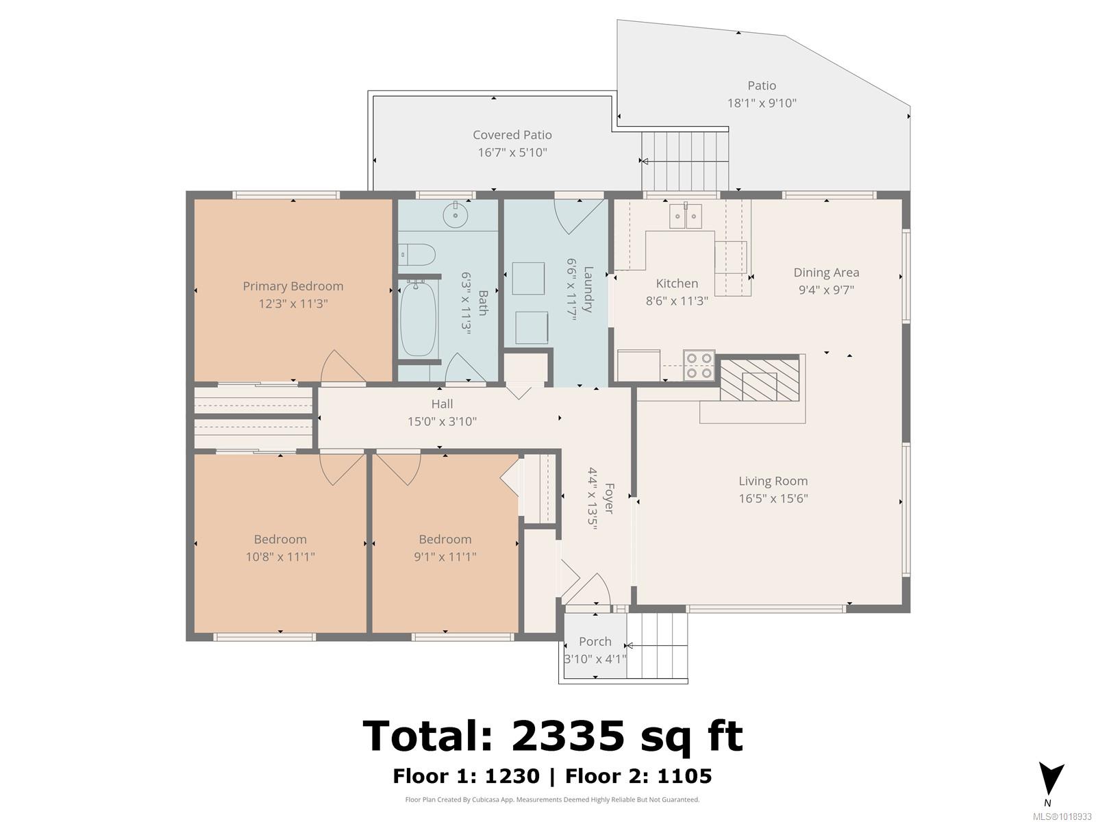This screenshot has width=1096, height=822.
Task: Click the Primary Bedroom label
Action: (292, 286)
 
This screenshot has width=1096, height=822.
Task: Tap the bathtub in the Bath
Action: (418, 319)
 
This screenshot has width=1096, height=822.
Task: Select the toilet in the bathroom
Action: (417, 255)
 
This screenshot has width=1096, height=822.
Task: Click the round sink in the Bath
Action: (456, 214)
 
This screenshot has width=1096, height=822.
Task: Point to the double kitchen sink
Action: (685, 215)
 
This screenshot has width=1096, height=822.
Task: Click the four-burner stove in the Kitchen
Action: (699, 365)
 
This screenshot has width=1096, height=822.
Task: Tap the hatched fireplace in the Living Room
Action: (760, 379)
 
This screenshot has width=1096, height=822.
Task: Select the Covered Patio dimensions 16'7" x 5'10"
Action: (512, 152)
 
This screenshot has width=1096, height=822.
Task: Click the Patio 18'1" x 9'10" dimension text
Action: (762, 103)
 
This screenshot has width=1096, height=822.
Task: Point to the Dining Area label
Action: (826, 273)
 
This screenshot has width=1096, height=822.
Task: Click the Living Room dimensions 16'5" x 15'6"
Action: (773, 498)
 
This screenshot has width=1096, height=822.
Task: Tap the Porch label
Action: (595, 641)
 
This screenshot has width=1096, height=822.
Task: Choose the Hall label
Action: (443, 403)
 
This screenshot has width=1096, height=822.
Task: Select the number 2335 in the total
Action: (568, 736)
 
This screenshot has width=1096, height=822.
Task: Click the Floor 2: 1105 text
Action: (638, 776)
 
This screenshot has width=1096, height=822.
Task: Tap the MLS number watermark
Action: (1062, 817)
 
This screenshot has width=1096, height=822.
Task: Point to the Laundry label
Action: (588, 290)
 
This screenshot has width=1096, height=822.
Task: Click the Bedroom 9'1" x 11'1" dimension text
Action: (445, 556)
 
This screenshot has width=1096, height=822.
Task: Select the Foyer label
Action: (609, 498)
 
